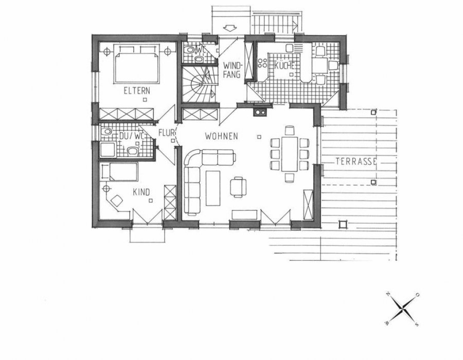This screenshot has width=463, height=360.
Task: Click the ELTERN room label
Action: click(x=136, y=91)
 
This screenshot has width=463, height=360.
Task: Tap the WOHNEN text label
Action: click(x=221, y=136)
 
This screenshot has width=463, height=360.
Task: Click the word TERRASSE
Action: click(x=357, y=161)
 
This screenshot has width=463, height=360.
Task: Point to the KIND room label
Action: click(x=141, y=192)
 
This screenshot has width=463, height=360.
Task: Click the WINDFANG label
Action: click(x=232, y=70)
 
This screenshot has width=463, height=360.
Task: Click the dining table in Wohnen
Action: click(x=290, y=154)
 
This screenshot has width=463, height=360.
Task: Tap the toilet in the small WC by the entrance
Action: click(x=191, y=50)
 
